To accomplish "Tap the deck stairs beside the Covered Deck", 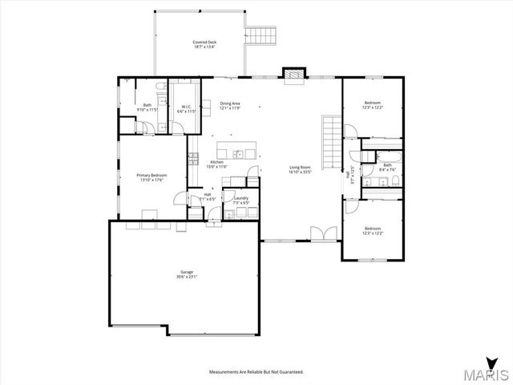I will pyautogui.click(x=262, y=35).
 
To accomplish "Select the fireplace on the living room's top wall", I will pyautogui.click(x=294, y=75).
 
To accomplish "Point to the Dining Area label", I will pyautogui.click(x=230, y=103).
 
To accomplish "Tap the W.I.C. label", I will pyautogui.click(x=184, y=107).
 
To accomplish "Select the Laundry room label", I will pyautogui.click(x=241, y=198).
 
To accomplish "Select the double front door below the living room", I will pyautogui.click(x=322, y=233).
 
